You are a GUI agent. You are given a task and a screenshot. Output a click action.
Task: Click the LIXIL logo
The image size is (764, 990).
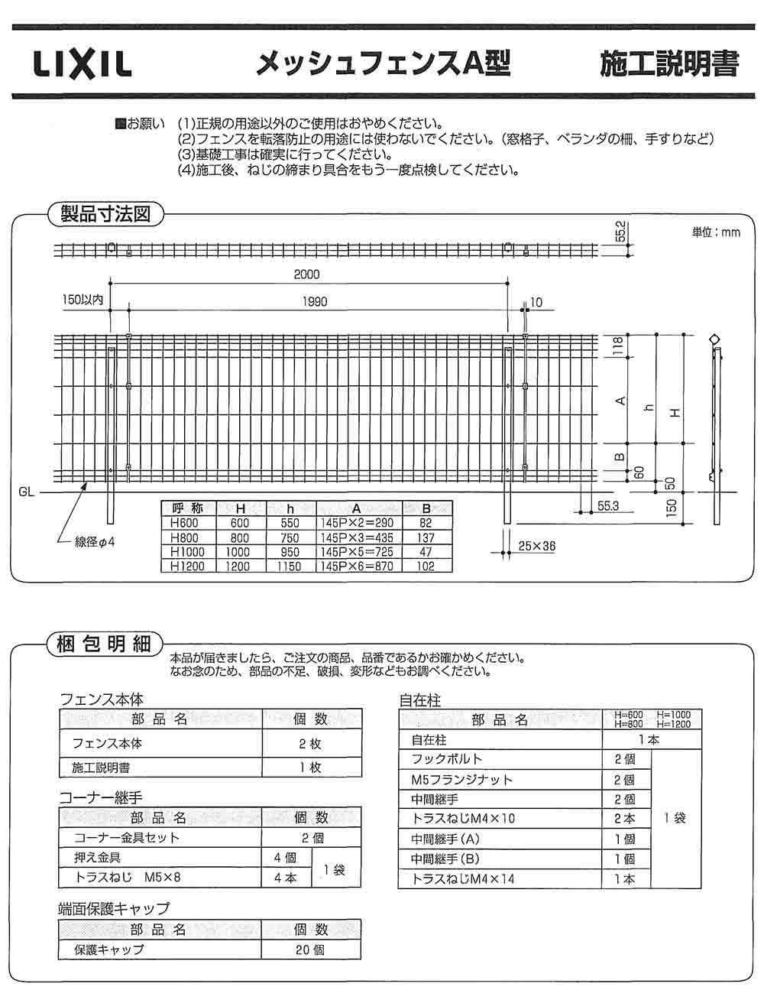(x=83, y=65)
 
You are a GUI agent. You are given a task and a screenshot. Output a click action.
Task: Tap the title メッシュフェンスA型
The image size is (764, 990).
(x=382, y=64)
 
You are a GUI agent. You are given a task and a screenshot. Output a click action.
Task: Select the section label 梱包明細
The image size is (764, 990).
(x=105, y=644)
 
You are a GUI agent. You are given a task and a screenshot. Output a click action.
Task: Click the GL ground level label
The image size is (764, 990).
(x=26, y=493)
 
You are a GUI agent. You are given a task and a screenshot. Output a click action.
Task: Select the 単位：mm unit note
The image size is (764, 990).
(x=716, y=232)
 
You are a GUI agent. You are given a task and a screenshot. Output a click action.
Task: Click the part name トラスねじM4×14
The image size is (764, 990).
(x=464, y=879)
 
